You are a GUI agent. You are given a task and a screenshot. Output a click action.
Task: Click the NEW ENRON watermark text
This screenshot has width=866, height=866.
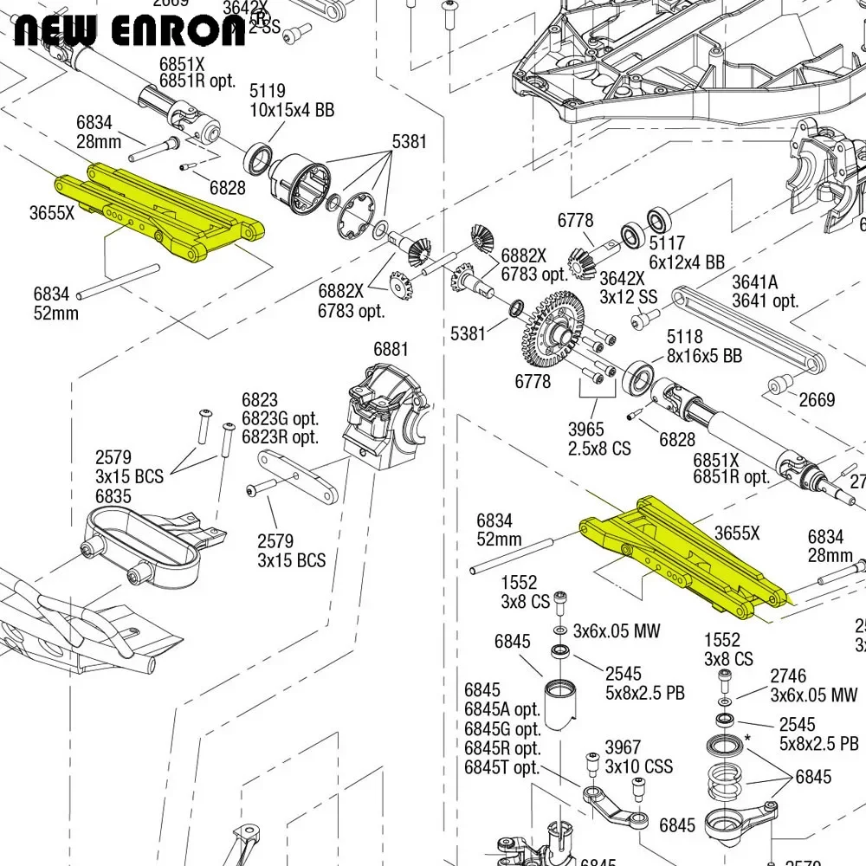130,31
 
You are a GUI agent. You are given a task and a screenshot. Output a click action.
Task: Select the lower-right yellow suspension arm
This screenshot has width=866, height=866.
684,554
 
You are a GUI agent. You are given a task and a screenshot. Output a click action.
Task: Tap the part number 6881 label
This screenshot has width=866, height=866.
391,349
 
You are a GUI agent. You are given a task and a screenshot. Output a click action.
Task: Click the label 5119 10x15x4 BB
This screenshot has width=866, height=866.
292,101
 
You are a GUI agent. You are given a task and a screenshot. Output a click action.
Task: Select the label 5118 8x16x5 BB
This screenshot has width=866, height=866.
703,346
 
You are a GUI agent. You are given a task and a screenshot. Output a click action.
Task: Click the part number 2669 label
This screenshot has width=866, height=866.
817,400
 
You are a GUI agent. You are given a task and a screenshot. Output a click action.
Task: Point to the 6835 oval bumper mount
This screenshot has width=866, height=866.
143,541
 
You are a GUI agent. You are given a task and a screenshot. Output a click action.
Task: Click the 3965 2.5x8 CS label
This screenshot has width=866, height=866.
599,439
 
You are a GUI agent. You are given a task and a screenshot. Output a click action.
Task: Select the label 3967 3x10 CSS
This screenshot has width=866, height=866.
638,757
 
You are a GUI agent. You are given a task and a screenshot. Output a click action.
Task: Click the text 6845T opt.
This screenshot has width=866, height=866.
502,767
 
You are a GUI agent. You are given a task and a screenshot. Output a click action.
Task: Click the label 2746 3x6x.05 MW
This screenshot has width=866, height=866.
813,685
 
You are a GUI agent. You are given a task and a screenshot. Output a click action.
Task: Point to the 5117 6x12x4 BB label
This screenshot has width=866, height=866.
687,252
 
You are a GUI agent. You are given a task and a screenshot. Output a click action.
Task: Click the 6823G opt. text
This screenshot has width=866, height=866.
280,419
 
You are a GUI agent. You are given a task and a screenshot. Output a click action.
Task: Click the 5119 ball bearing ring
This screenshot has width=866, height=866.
257,158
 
